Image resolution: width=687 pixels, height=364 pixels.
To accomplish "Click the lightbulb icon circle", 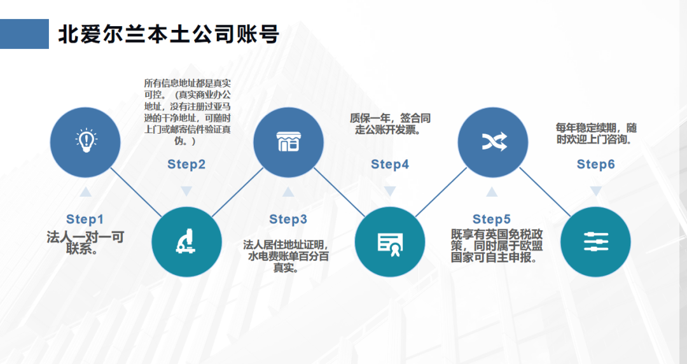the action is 85,142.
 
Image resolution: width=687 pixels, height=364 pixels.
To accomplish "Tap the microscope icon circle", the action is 187,242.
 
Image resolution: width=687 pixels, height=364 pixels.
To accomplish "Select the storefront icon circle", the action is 288,142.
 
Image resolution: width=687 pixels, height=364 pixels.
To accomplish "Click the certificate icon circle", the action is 390,242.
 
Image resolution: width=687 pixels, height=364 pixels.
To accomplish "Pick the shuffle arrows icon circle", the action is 493,142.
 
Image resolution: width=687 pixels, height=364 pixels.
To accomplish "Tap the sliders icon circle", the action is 595,242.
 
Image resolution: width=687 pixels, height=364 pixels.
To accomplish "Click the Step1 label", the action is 85,220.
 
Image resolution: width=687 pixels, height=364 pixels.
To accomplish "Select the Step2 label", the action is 186,165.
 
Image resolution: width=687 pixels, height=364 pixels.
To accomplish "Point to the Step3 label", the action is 288,220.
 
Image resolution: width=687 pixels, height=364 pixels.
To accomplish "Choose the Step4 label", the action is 390,165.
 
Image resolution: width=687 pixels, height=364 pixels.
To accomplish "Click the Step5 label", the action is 492,220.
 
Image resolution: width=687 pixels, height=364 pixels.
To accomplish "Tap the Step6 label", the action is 595,165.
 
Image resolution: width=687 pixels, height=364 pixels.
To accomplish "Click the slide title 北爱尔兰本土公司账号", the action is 169,34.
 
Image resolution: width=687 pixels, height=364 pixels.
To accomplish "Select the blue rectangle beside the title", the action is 24,34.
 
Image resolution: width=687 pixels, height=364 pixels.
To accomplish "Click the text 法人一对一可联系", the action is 85,243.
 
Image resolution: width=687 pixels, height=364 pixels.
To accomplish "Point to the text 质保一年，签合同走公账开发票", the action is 390,124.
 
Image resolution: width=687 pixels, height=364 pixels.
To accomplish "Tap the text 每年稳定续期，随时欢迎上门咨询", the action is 595,133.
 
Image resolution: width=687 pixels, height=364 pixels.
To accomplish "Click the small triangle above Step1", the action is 85,191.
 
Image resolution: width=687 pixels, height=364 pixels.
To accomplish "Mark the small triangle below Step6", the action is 595,191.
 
